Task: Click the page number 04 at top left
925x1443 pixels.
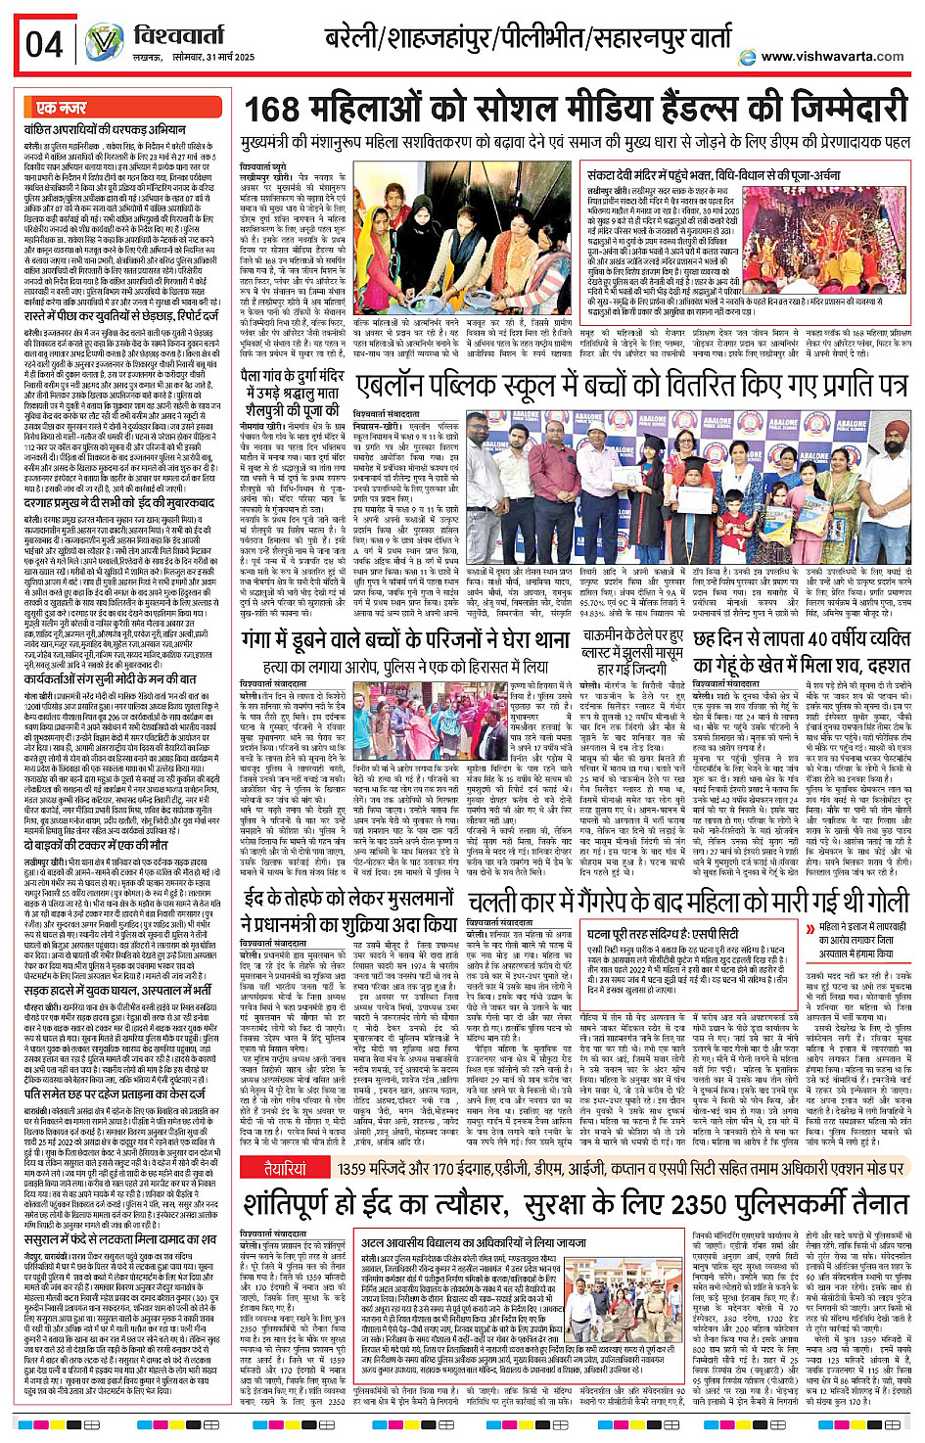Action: [44, 43]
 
